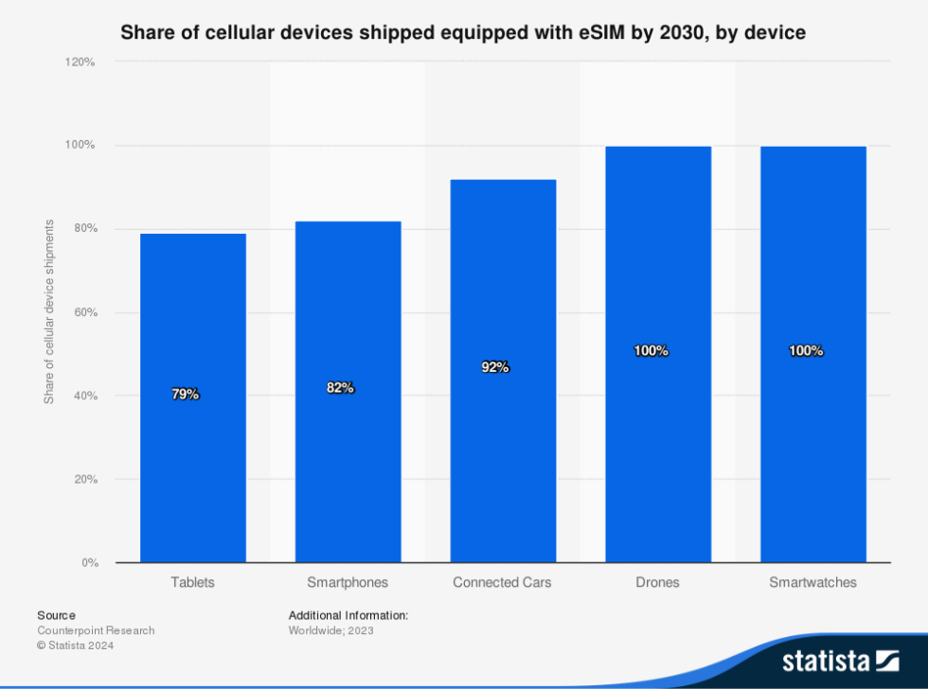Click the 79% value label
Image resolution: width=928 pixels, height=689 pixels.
[186, 395]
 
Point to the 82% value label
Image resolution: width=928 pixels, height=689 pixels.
[340, 387]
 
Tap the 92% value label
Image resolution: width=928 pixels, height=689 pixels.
[495, 367]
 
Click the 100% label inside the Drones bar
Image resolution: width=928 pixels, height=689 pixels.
[651, 351]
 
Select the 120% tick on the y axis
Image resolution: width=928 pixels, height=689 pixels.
[80, 62]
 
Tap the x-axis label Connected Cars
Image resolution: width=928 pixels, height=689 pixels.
[502, 582]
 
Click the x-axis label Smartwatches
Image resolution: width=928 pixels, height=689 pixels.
[812, 582]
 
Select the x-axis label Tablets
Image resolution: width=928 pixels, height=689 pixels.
[193, 582]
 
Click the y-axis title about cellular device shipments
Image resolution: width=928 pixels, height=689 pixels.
[49, 312]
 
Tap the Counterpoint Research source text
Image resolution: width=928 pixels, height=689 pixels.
[96, 630]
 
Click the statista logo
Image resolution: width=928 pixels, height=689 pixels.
[840, 660]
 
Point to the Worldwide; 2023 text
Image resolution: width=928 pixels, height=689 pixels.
[331, 630]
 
